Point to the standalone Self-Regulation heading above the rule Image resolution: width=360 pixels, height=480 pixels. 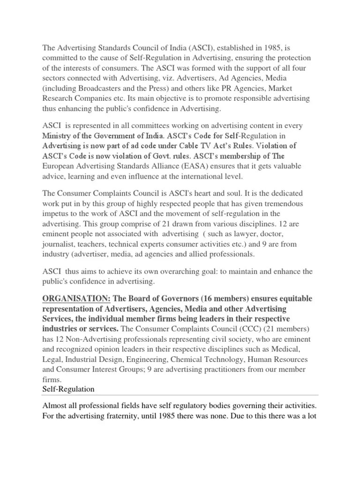click(68, 390)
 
